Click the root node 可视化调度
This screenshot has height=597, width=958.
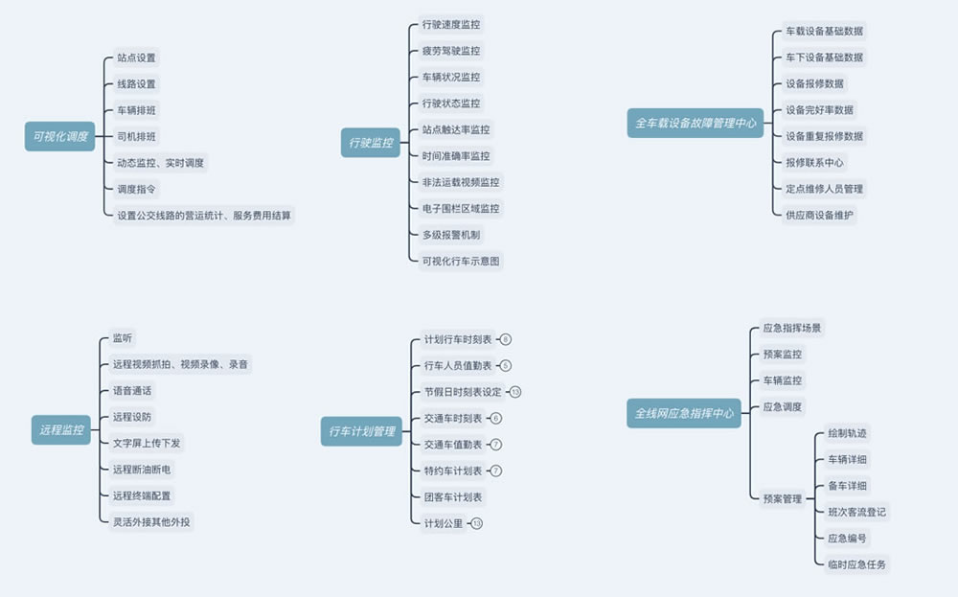60,137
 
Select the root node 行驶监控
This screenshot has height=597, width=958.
371,143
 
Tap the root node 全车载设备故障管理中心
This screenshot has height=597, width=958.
696,123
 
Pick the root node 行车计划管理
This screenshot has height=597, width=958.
362,431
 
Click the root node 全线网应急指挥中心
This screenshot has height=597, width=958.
684,413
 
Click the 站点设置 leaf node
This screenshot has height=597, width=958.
136,57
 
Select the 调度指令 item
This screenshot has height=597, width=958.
136,189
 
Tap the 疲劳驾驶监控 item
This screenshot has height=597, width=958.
451,50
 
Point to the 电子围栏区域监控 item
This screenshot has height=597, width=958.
461,208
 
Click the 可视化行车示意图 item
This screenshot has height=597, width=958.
461,261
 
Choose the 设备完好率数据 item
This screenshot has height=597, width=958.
819,109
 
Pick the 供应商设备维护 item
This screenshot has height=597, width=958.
819,215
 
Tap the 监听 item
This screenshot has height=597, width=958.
123,337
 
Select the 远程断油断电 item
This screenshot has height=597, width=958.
142,469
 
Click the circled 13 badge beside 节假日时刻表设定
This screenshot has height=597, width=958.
515,392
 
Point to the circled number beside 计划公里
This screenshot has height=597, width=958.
477,523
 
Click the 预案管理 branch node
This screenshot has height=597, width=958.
782,498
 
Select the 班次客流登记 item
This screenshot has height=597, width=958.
856,512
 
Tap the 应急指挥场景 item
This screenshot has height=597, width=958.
791,328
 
